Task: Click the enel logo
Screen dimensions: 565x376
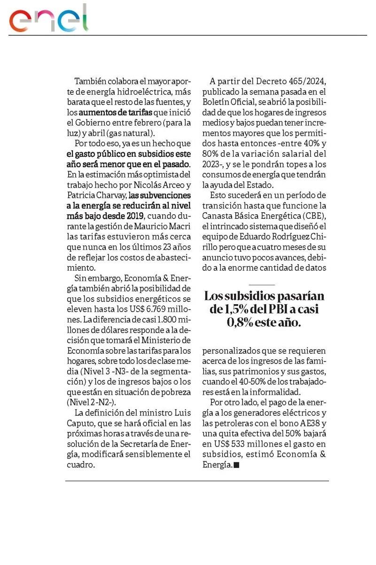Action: click(x=49, y=19)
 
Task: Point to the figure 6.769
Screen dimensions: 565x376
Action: click(x=158, y=308)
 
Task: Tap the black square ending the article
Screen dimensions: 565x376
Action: click(x=236, y=465)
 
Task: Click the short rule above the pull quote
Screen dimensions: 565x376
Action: click(x=262, y=285)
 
